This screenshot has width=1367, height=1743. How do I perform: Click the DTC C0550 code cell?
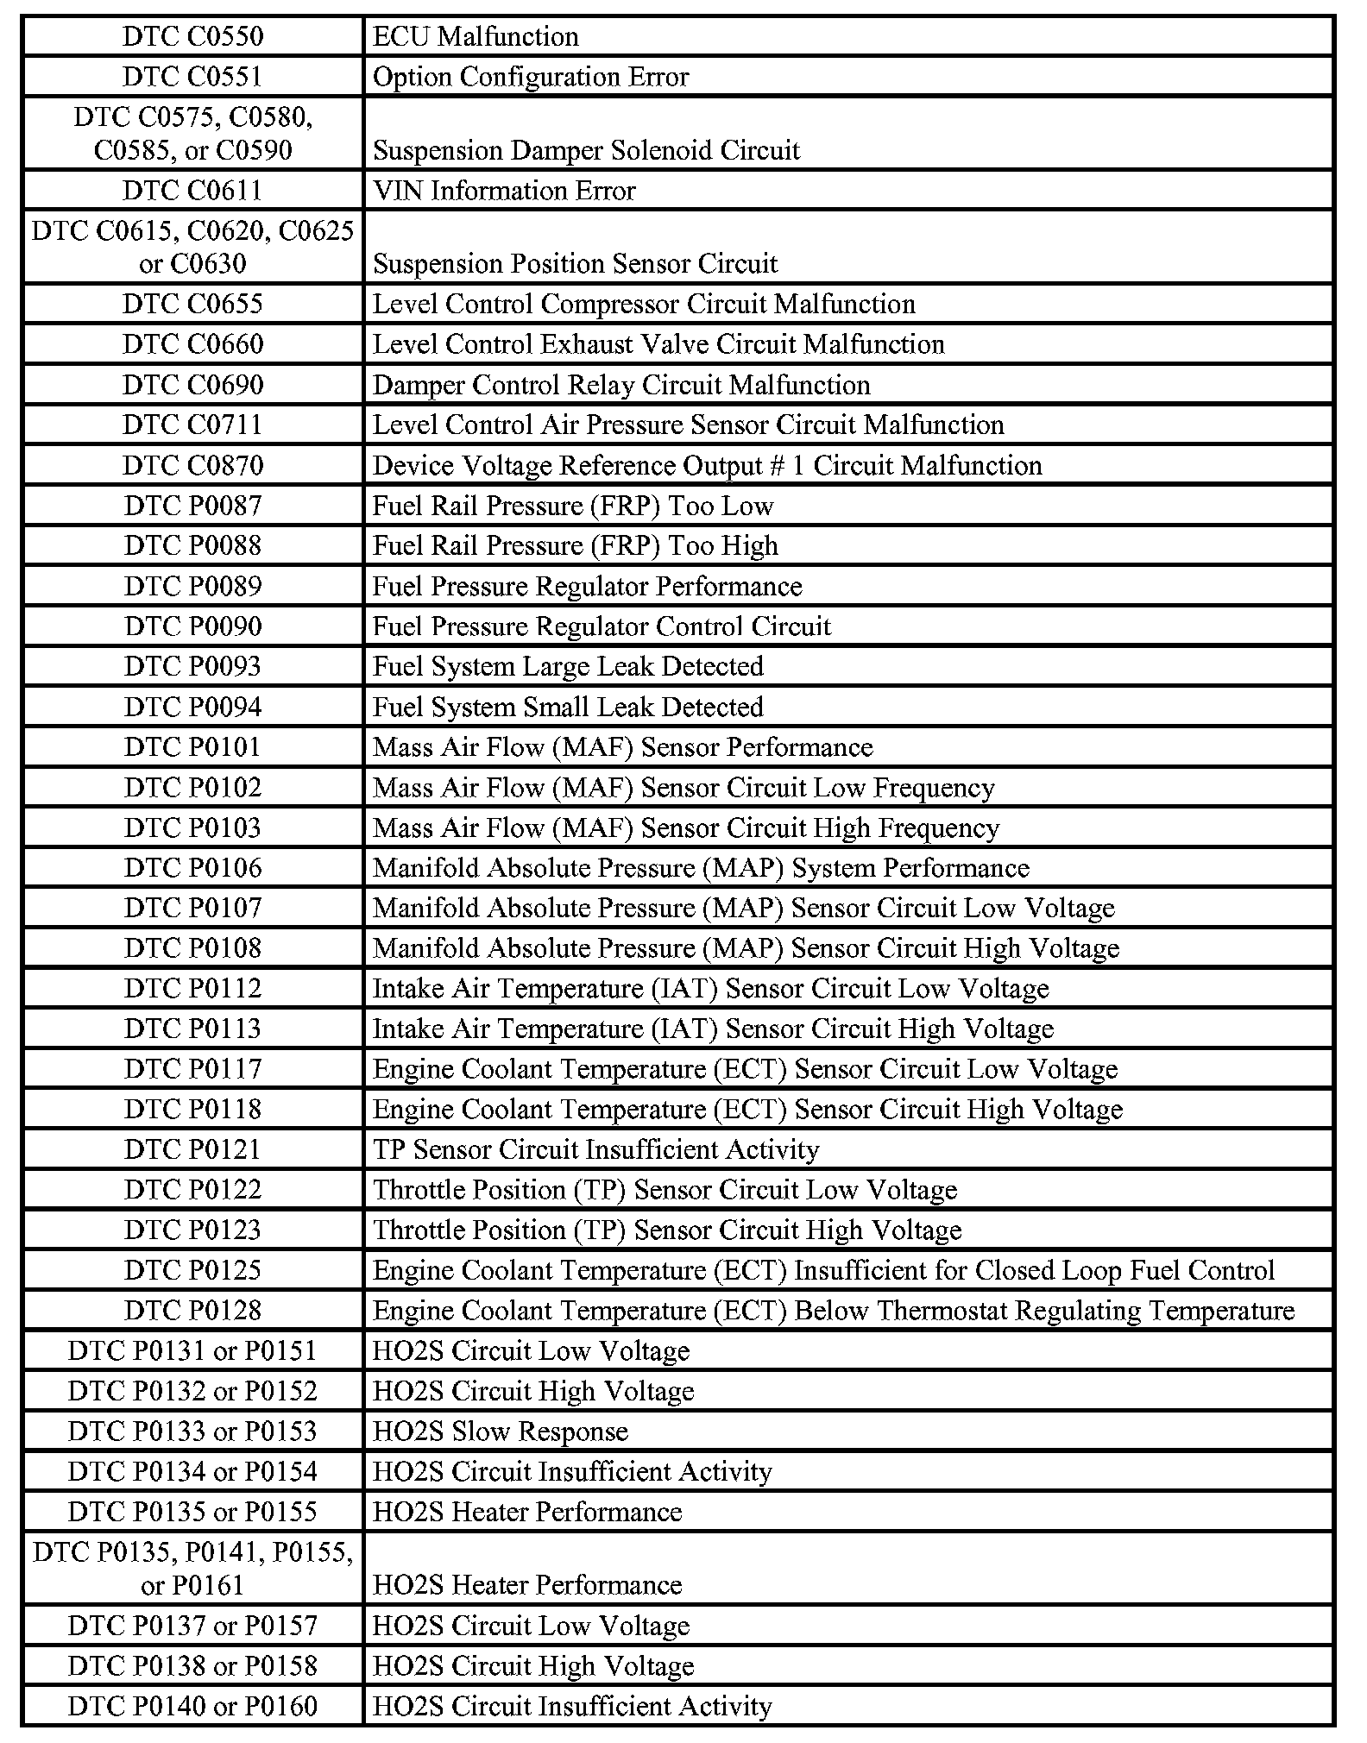point(192,36)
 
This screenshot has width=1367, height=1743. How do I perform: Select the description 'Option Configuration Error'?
point(531,77)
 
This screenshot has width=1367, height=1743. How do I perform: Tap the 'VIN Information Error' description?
point(504,191)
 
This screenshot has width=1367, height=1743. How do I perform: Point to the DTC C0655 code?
point(192,304)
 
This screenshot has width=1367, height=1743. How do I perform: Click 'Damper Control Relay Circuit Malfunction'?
point(621,385)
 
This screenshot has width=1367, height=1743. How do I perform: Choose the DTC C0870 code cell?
point(192,465)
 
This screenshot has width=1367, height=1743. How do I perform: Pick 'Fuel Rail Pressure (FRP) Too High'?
point(576,545)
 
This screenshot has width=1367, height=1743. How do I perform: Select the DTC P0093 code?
point(192,666)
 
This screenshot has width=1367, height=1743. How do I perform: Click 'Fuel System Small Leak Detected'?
point(568,707)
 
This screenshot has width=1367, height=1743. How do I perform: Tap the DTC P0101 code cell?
point(192,746)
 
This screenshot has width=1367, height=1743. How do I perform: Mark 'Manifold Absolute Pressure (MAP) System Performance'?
point(701,867)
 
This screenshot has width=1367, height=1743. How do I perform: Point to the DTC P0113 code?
point(192,1029)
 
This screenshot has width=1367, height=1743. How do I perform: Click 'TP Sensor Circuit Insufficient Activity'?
point(595,1149)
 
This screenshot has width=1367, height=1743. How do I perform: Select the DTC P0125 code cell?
point(192,1270)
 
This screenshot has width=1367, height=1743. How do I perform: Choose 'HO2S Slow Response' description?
point(501,1431)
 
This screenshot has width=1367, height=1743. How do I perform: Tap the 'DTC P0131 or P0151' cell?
point(192,1350)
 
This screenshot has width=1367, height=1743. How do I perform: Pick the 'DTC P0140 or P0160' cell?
point(192,1706)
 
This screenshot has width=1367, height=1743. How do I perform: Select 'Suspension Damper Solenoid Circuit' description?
point(587,150)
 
